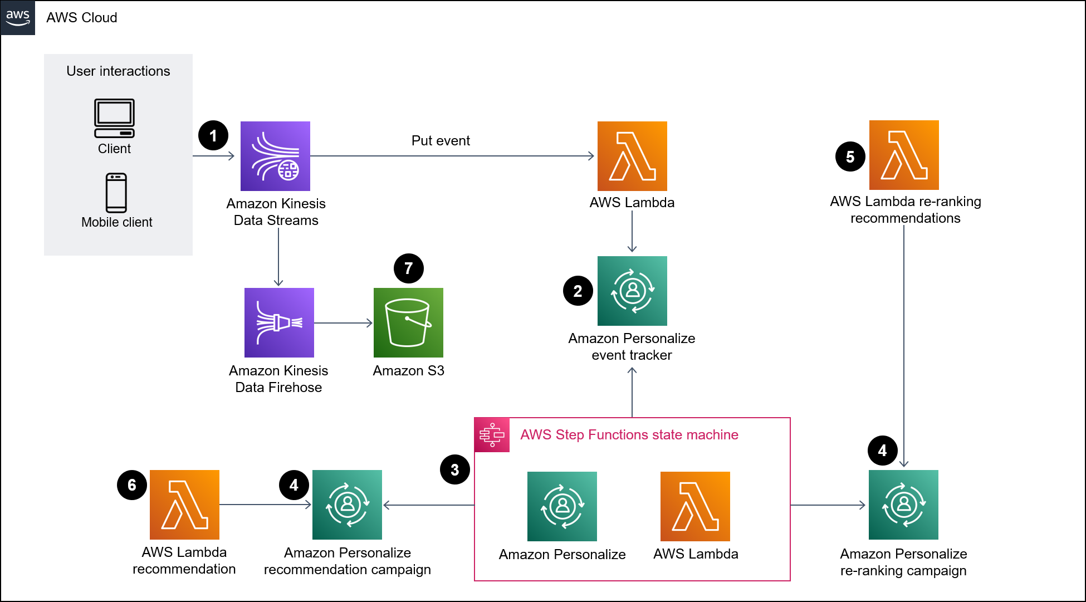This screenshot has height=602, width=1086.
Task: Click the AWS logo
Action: [x=18, y=17]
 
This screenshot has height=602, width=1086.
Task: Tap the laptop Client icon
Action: [x=114, y=118]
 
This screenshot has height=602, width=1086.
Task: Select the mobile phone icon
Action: [x=116, y=193]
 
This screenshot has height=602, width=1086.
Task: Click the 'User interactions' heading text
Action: [x=118, y=71]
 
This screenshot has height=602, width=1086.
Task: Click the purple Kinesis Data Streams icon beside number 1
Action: [x=275, y=156]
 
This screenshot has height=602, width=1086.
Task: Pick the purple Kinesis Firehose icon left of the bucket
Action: [x=279, y=322]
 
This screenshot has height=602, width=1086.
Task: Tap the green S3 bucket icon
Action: [x=408, y=322]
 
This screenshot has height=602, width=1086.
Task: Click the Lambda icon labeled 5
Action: [x=904, y=155]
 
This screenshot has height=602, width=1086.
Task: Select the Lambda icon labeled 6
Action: [x=184, y=505]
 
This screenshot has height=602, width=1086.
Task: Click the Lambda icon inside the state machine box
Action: [x=695, y=506]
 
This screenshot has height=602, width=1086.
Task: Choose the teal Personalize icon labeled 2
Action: [x=632, y=291]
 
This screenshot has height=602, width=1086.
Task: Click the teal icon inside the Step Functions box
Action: [x=562, y=506]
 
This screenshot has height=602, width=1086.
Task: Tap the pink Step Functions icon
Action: [x=492, y=435]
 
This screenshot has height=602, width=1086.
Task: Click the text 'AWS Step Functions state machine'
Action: [x=629, y=435]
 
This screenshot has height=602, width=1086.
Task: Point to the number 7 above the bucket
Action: [x=408, y=268]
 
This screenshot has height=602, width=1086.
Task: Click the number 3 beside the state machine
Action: [x=454, y=470]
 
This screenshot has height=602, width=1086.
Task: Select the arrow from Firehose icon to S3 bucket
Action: [x=343, y=323]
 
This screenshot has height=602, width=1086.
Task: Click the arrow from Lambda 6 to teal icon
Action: [x=265, y=505]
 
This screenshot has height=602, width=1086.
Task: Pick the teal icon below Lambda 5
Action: [x=903, y=505]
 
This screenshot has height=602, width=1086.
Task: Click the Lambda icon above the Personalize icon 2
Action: [x=632, y=156]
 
